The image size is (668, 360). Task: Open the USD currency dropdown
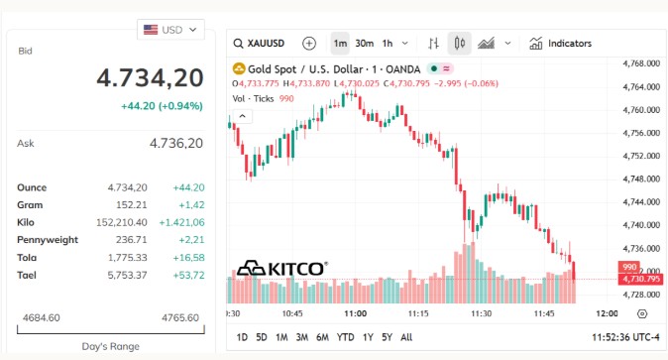coord(170,30)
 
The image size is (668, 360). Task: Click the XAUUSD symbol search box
coord(259,43)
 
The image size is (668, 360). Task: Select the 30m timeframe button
coord(365,43)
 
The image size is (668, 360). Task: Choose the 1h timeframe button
coord(388,43)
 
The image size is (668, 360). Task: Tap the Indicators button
coord(560,43)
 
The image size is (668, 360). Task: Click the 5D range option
coord(261,337)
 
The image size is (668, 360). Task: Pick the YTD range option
coord(345,337)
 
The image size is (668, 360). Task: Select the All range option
coord(406,337)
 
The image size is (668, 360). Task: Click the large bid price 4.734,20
coord(150,78)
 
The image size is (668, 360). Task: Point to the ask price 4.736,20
coord(176,144)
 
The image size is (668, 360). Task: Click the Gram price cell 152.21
coord(131,204)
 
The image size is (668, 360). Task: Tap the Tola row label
coord(27,258)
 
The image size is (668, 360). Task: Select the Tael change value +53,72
coord(188,275)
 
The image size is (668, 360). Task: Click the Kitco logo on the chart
coord(282,269)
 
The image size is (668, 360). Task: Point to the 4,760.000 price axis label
coord(641,110)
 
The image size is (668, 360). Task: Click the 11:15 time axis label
coord(418,313)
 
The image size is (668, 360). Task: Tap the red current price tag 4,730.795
coord(640,279)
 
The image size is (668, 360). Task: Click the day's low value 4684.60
coord(42,317)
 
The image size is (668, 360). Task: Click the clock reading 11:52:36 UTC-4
coord(625,337)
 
